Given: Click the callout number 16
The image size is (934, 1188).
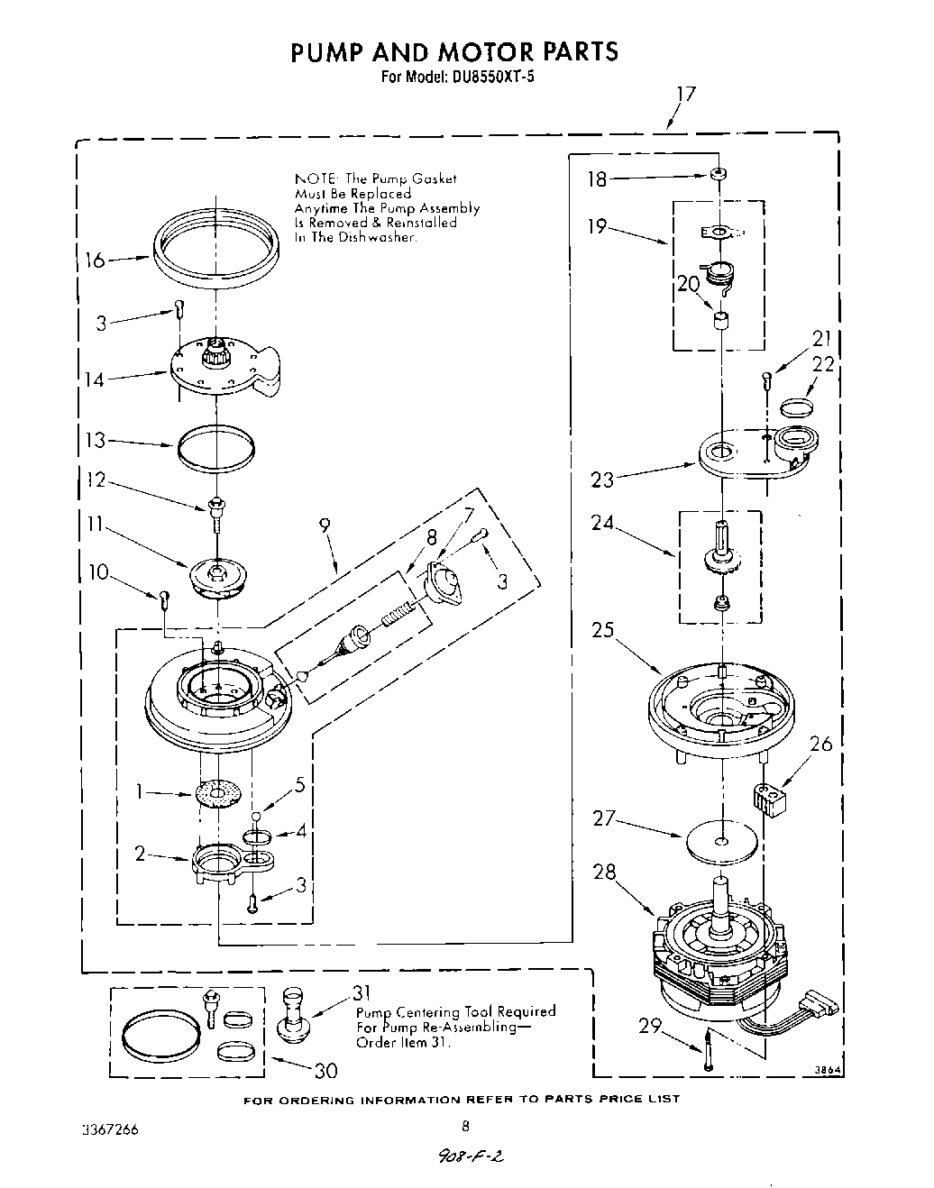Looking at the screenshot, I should coord(95,260).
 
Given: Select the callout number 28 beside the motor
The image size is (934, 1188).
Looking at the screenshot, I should coord(604,872).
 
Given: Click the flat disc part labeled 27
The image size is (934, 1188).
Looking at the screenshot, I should coord(719,841).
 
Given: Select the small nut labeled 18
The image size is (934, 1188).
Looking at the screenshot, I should coord(719,174).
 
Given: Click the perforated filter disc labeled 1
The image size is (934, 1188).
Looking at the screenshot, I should coord(219,794).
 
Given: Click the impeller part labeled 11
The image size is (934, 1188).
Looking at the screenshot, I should coord(217,577).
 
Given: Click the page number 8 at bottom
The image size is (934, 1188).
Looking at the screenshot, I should coord(465,1125).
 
